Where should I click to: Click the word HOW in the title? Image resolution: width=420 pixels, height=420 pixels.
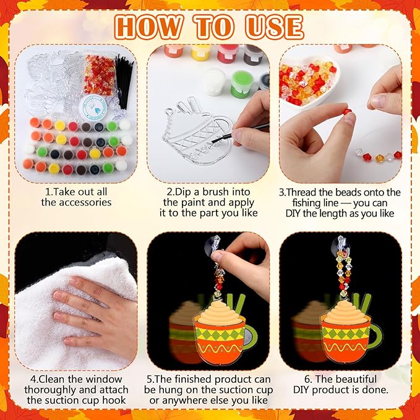coord(149,27)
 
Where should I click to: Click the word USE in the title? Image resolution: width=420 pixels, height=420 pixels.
coord(274,27)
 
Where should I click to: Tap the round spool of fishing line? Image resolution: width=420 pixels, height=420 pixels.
coord(94,108)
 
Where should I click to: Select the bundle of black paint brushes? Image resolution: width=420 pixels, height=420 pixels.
coord(124,81)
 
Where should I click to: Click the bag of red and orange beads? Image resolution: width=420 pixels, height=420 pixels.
coord(100,75)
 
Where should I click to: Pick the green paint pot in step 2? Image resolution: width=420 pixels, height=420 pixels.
coord(242,84)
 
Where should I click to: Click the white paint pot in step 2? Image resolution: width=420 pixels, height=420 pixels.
coord(215,82)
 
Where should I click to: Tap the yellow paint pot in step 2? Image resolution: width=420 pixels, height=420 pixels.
coord(200,52)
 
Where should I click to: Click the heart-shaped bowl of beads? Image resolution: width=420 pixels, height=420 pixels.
coord(308,82)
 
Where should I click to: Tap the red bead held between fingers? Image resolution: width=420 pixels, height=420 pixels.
coord(347,112)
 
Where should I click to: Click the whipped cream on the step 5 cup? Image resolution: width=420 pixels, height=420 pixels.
coord(220,312)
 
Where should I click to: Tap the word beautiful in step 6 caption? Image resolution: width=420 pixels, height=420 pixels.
coord(356,379)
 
